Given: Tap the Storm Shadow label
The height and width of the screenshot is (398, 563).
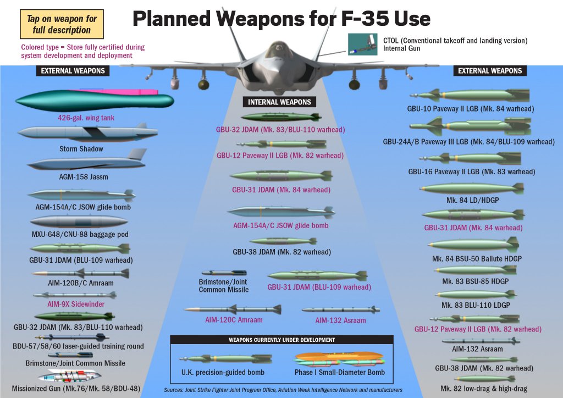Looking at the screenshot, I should (81, 149).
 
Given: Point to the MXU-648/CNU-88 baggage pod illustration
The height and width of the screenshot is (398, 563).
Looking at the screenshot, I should (79, 222).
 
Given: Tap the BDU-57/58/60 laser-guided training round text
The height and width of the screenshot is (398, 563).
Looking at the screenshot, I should (78, 346).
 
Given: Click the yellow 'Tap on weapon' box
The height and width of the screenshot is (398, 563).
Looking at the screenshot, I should (62, 24).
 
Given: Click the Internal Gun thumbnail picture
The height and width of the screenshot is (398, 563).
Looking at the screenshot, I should (362, 45).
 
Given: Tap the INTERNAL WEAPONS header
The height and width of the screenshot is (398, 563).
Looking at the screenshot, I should (279, 102).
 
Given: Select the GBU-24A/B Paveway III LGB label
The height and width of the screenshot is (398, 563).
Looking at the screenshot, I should (468, 142).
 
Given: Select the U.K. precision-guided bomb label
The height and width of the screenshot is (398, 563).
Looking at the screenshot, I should (223, 373).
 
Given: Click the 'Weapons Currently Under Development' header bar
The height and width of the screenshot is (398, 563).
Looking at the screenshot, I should (281, 340).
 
